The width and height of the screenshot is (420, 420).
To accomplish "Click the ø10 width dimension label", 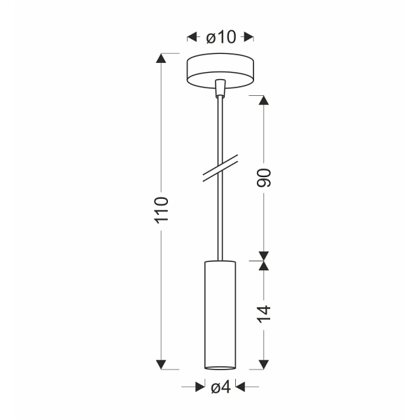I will pos(220,37).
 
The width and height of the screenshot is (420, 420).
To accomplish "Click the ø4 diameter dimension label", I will pos(220,386).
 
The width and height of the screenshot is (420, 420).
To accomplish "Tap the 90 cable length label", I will pos(265,178).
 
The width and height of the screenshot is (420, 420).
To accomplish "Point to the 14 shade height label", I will pos(265,312).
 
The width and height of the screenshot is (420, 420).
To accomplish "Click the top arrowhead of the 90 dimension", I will pos(265,99).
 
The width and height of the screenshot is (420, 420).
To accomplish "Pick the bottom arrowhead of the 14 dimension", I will pos(265,363).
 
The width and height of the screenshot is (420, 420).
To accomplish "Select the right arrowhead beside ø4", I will pos(241,386).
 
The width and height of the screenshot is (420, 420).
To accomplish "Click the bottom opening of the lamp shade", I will pos(220,366).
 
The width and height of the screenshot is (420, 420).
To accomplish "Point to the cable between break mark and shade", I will pos(221,217).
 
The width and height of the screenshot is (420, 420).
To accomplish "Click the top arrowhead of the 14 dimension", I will pos(265,265).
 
